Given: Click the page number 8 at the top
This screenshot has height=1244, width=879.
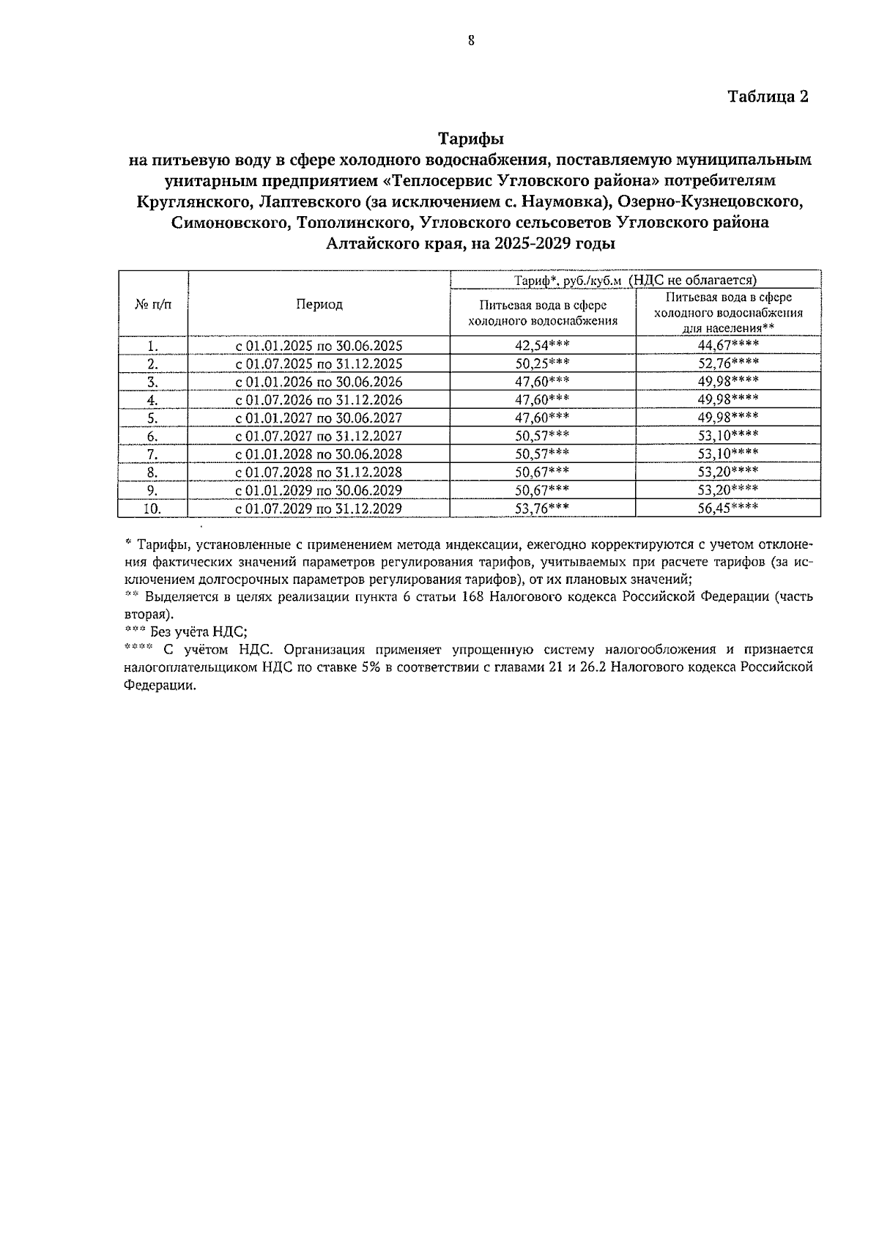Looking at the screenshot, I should (471, 42).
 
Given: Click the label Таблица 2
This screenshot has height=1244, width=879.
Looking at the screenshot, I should (768, 97).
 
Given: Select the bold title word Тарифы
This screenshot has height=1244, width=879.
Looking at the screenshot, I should (471, 138).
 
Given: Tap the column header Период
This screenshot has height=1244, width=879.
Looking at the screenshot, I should (319, 304).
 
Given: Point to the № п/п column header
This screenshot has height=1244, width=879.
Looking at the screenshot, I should (153, 304).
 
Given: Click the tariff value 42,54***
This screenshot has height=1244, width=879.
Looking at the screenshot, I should (542, 346).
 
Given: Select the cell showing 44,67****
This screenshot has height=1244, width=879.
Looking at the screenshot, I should (727, 345).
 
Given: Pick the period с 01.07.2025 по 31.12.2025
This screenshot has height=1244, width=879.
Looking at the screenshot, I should (319, 364).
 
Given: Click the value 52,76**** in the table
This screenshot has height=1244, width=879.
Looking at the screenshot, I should (727, 363).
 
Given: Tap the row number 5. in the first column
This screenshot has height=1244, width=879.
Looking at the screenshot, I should (152, 418).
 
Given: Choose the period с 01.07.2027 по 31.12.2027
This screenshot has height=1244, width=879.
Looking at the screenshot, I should (319, 436).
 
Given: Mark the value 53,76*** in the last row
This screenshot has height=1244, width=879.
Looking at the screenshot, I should (542, 508).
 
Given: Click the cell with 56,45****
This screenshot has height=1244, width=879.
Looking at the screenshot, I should (727, 508).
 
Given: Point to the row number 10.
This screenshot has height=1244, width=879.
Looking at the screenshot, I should (152, 508).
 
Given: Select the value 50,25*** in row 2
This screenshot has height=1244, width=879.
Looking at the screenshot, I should (542, 363).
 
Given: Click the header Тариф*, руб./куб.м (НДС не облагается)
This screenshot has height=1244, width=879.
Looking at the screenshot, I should (635, 280).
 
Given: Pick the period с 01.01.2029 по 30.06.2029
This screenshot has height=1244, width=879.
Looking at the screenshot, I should (319, 490).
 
